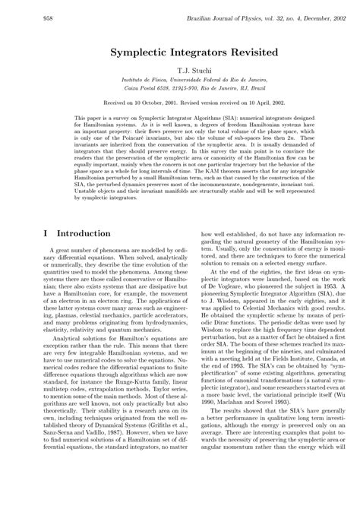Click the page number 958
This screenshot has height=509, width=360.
coord(27,16)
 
